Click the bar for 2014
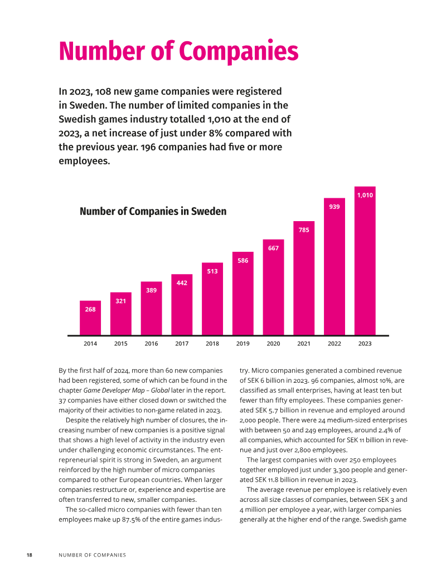pos(90,318)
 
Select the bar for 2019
pos(243,294)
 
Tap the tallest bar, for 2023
pos(365,261)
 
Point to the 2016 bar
pos(151,309)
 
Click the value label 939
pos(334,207)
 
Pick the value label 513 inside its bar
pos(212,271)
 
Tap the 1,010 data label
pos(365,195)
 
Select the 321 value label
pos(120,301)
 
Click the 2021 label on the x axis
pos(304,344)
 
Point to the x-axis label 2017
pos(182,344)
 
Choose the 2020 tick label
pos(273,344)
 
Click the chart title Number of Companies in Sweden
pos(153,211)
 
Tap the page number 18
pos(29,555)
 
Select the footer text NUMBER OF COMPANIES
pos(92,555)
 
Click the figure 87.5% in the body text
pos(133,520)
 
